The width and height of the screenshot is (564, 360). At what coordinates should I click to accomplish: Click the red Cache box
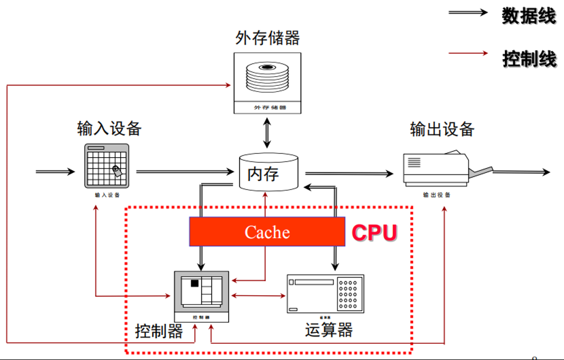coord(267,232)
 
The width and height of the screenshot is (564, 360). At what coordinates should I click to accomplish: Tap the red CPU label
coord(374,232)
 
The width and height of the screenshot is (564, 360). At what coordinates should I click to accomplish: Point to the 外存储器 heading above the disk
coord(267,38)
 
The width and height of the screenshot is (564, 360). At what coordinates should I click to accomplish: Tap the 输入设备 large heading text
coord(109,128)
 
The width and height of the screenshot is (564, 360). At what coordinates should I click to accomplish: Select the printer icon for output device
coord(436,169)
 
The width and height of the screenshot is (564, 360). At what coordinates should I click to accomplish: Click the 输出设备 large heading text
coord(442,129)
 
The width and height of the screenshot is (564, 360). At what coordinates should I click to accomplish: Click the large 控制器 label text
coord(159,331)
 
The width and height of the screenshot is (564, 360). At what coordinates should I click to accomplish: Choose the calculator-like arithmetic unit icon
coord(325,293)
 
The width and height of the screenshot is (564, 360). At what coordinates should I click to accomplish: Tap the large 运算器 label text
coord(329,330)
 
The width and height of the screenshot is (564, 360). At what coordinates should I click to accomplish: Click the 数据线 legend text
coord(529,16)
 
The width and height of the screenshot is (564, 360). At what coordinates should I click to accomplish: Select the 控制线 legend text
coord(529,58)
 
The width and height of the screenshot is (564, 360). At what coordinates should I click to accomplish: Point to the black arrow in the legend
coord(468,13)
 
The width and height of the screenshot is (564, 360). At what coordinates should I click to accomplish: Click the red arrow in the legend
coord(468,53)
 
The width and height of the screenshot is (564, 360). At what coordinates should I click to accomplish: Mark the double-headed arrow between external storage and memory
coord(266,133)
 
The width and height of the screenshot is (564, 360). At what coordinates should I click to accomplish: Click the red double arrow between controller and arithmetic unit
coord(258,296)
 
